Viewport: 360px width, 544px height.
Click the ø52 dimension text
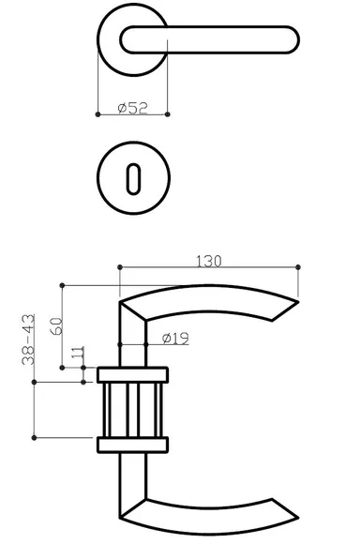tap(135, 108)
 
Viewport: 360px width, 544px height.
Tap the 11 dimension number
tap(77, 356)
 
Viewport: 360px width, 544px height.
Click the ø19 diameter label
tap(175, 339)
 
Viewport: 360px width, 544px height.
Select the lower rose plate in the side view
tap(133, 444)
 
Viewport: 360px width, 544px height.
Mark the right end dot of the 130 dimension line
tap(298, 268)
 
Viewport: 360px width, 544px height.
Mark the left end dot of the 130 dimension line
tap(119, 268)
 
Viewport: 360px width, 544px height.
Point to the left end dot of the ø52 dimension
tap(97, 114)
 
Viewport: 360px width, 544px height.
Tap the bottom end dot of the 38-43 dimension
tap(35, 437)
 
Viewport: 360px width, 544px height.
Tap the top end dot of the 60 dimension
tap(61, 284)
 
